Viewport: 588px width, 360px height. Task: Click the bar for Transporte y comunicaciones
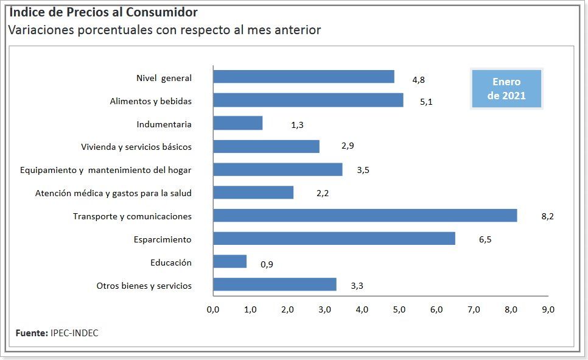coord(365,216)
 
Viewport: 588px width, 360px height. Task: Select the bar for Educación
coord(229,262)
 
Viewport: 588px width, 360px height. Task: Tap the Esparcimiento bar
coord(334,239)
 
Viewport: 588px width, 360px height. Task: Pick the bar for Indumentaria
coord(237,124)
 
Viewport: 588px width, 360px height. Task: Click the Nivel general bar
coord(303,77)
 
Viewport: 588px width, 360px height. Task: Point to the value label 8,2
coord(548,216)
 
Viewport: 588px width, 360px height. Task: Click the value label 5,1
coord(426,102)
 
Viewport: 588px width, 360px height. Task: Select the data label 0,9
coord(267,264)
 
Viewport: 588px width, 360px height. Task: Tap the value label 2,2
coord(323,194)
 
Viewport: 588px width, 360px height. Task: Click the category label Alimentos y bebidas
coord(150,101)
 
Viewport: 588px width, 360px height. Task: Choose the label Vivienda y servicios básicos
coord(136,147)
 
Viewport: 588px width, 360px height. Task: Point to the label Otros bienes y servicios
coord(144,286)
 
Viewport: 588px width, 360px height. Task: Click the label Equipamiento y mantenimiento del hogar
coord(105,170)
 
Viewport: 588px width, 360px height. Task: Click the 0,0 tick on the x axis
coord(213,309)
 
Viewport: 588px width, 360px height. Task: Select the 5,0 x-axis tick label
coord(399,309)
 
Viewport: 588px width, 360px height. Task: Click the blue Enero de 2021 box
coord(506,89)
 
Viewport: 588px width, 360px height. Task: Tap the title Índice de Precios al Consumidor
coord(103,12)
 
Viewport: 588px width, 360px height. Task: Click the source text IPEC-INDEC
coord(74,333)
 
